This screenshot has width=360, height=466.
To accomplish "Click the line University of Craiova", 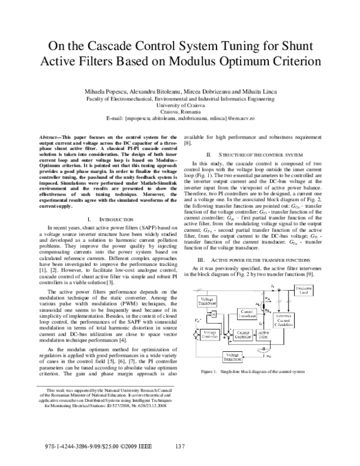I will pyautogui.click(x=180, y=103).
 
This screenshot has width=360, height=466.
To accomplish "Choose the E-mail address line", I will pyautogui.click(x=180, y=118).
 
